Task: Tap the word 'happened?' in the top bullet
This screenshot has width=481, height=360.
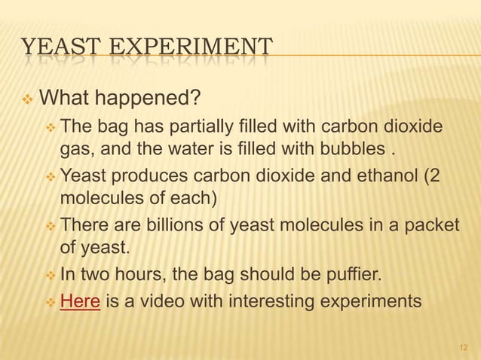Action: click(x=152, y=98)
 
